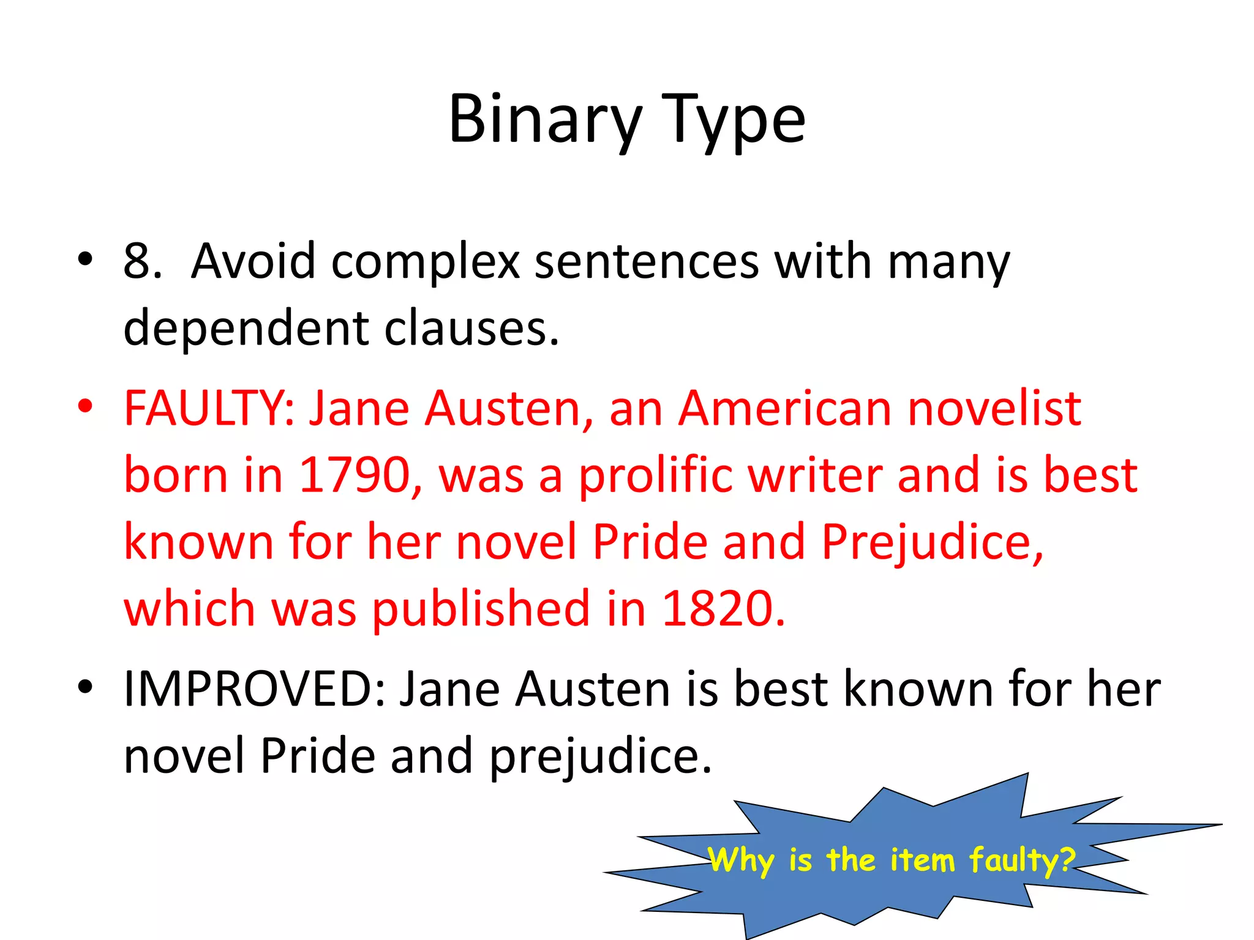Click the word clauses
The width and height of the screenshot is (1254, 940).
tap(471, 329)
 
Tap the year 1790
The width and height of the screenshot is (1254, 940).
tap(355, 476)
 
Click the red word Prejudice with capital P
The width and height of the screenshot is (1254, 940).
tap(931, 543)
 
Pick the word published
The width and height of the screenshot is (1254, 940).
tap(481, 610)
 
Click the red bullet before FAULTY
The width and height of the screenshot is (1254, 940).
tap(85, 406)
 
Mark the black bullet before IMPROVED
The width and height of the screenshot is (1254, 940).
tap(85, 687)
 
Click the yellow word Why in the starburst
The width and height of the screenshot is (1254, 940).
tap(741, 860)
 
